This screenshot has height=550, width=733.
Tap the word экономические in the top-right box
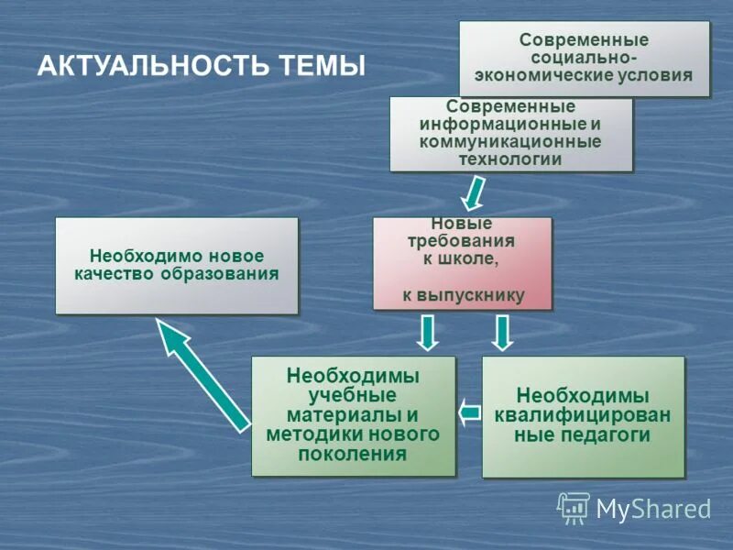pyautogui.click(x=538, y=75)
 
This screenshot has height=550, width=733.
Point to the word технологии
pyautogui.click(x=510, y=159)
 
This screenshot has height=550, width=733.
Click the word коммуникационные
pyautogui.click(x=510, y=141)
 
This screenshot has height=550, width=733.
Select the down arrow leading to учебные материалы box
pyautogui.click(x=427, y=333)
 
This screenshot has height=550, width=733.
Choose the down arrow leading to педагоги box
pyautogui.click(x=501, y=333)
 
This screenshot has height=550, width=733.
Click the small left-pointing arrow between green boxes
pyautogui.click(x=469, y=412)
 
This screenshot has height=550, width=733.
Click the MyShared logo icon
pyautogui.click(x=574, y=508)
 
